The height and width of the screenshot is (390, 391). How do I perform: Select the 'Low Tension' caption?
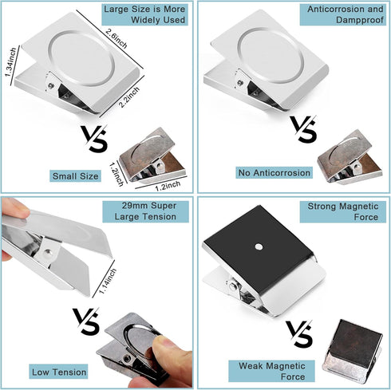(x=61, y=372)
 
